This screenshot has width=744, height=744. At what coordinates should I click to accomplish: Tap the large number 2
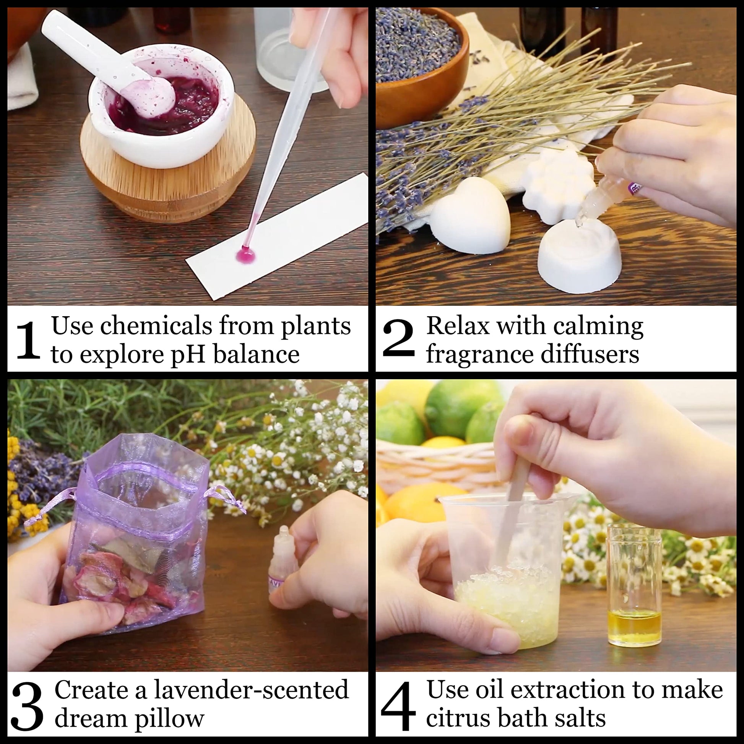pos(398,339)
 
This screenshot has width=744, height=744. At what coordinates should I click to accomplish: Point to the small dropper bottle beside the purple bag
pos(284,554)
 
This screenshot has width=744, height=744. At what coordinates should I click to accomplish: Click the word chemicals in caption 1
pos(156,325)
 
